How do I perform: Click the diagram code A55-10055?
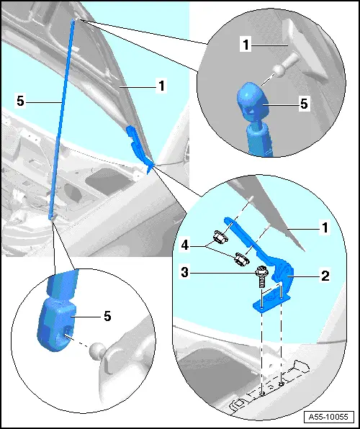328,417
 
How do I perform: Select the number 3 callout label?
185,272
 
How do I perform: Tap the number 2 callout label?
325,276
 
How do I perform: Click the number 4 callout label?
185,245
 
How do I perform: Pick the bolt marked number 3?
261,277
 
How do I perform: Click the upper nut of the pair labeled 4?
221,236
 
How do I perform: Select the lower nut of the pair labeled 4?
241,259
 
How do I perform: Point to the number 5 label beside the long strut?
21,101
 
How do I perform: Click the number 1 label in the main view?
161,86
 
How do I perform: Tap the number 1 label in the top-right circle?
246,45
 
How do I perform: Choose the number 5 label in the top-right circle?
304,104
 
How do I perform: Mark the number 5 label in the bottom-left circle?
107,316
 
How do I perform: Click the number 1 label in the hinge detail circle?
325,227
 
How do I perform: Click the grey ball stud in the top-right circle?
285,65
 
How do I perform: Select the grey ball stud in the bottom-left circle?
96,351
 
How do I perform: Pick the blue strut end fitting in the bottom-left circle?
55,325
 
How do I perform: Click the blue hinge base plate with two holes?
271,300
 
